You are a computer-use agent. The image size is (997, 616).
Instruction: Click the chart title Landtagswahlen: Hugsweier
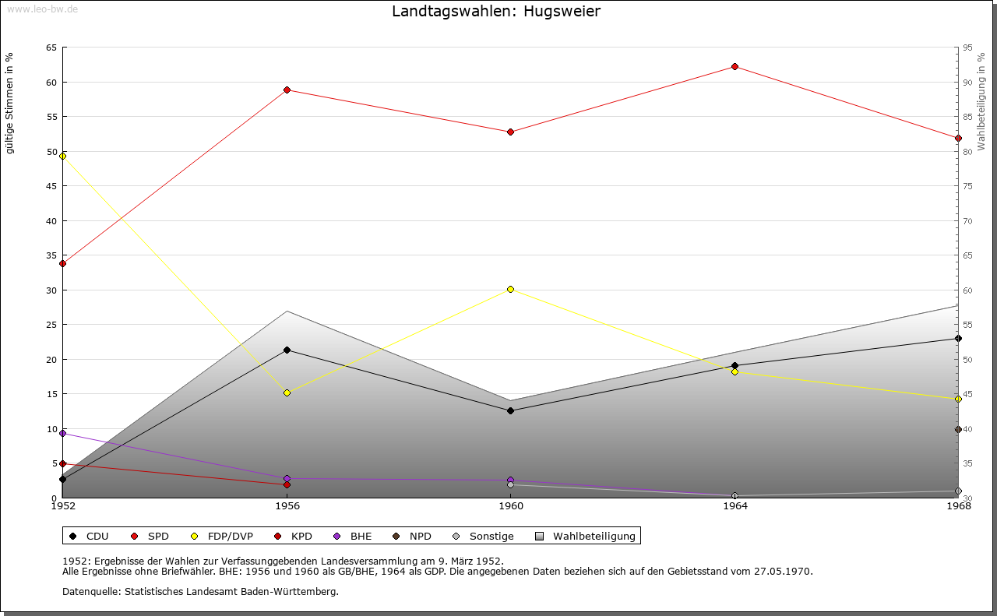click(x=496, y=12)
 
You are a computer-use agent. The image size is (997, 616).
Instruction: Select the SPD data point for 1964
click(x=735, y=66)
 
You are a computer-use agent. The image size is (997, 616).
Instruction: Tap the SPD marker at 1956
click(x=287, y=90)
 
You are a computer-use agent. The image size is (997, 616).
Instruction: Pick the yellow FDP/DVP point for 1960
click(x=510, y=289)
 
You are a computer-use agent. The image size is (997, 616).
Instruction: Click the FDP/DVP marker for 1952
click(x=62, y=156)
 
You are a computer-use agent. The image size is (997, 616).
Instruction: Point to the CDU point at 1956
click(x=287, y=350)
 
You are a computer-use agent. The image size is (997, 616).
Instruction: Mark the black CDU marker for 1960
click(x=510, y=410)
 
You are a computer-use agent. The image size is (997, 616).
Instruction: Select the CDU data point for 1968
click(x=958, y=338)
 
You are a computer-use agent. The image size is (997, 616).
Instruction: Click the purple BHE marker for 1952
click(x=62, y=433)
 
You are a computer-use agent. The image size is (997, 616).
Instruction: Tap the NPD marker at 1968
click(x=958, y=429)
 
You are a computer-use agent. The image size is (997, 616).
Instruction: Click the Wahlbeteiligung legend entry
click(x=587, y=536)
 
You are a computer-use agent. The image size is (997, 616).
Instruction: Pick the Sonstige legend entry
click(x=484, y=536)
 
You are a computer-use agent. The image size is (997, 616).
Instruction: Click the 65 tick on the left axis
click(x=51, y=48)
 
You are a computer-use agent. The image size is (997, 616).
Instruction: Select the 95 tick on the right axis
click(x=968, y=48)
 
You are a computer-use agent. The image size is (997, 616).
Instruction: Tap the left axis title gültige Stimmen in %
click(x=10, y=103)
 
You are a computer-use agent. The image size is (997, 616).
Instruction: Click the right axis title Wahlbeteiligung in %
click(x=981, y=102)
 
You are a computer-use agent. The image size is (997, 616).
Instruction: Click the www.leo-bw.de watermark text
click(x=41, y=8)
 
